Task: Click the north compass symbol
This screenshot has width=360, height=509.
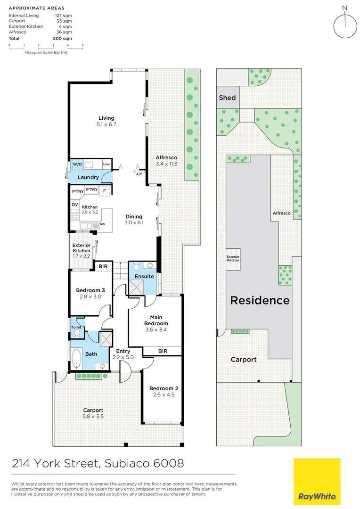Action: tap(345, 25)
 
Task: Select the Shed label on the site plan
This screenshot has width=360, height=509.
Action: tap(227, 98)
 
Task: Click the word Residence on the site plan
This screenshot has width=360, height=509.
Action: tap(260, 300)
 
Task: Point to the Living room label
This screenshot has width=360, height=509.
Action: tap(106, 118)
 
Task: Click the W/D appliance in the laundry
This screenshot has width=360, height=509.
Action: tap(77, 164)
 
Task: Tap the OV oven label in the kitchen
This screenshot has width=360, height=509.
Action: tap(75, 205)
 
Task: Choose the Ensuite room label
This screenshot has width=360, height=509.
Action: tap(144, 276)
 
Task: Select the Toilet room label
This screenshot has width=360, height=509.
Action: tap(76, 327)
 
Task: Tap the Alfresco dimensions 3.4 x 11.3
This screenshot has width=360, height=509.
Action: tap(166, 164)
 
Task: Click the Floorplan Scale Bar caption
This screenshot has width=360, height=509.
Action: tap(46, 52)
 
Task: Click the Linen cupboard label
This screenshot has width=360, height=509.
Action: tap(107, 164)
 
